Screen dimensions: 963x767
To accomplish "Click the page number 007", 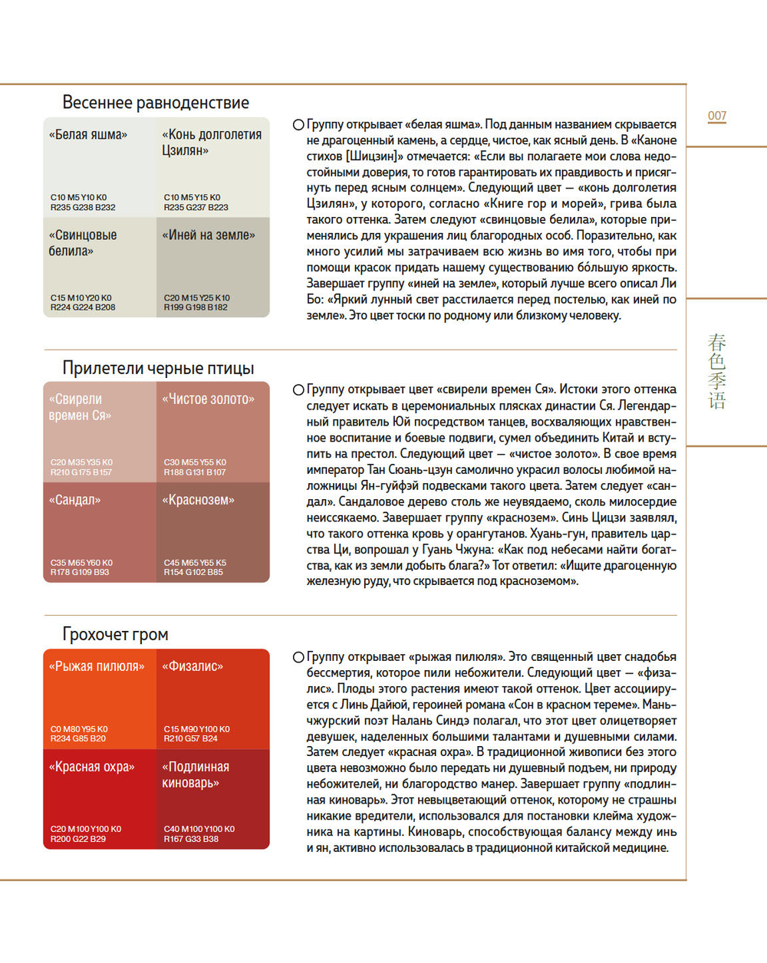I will click(x=716, y=116).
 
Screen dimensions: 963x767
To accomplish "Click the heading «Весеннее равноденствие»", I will click(x=156, y=103).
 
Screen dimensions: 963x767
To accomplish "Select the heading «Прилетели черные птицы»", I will click(x=158, y=368).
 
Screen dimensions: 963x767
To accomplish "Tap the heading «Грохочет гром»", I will click(x=115, y=634).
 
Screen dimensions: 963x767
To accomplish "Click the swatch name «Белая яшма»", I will click(x=88, y=135).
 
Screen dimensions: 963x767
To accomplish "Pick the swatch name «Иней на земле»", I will click(x=209, y=235).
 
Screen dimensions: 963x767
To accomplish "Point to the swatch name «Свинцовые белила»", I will click(x=83, y=243).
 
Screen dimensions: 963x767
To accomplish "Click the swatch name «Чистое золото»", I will click(x=209, y=399).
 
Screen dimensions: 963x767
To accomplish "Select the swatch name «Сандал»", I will click(x=74, y=500).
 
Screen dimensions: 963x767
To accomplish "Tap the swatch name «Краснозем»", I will click(x=199, y=500).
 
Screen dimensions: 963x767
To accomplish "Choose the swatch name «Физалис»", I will click(x=193, y=666).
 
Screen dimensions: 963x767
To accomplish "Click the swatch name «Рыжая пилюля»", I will click(x=97, y=666).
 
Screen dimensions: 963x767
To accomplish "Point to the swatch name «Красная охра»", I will click(x=91, y=767).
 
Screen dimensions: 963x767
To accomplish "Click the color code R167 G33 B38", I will click(x=191, y=839).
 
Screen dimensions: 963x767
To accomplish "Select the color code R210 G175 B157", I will click(x=81, y=472).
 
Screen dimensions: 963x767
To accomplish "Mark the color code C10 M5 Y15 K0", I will click(x=192, y=197).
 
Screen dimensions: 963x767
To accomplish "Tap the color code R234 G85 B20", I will click(x=78, y=738).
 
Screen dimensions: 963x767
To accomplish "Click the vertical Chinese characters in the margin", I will click(x=717, y=371).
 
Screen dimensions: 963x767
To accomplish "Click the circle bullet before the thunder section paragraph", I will click(x=298, y=657).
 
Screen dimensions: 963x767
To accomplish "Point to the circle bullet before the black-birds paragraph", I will click(x=298, y=389).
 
